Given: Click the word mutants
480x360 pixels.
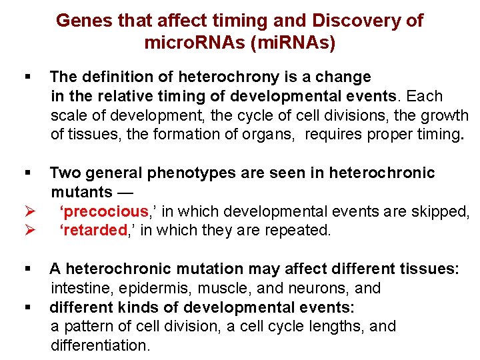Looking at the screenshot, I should tap(82, 193).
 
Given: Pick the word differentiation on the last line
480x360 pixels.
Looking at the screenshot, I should tap(100, 346).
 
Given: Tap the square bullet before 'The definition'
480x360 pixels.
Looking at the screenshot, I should tap(27, 77).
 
